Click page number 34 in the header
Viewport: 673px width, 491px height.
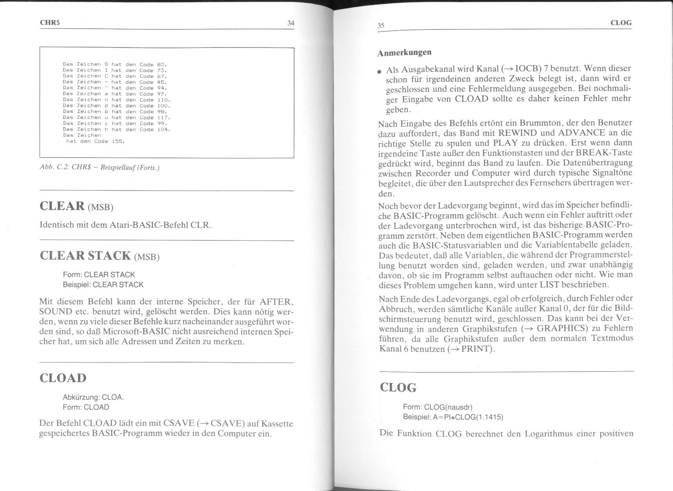click(290, 23)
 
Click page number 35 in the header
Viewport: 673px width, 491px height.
click(381, 26)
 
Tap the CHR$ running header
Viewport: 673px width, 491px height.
click(50, 23)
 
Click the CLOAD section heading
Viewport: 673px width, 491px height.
click(63, 378)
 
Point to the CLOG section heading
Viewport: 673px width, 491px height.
click(398, 388)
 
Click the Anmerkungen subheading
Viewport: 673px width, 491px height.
click(404, 52)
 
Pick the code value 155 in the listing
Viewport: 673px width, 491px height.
click(118, 141)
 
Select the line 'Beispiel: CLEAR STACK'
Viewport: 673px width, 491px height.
click(103, 285)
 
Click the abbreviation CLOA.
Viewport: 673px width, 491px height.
click(113, 397)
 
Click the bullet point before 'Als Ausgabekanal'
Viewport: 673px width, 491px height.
click(379, 73)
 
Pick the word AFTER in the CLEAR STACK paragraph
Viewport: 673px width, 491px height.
click(276, 302)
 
